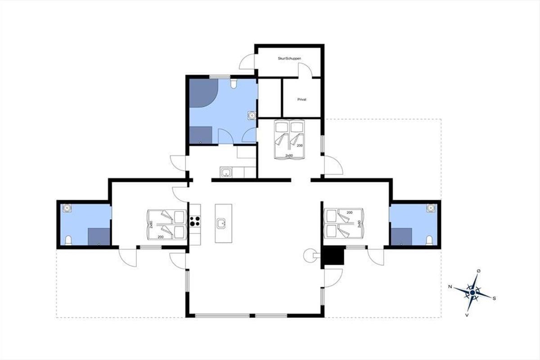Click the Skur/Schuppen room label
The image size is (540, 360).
point(289,58)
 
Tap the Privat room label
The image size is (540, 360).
point(302,99)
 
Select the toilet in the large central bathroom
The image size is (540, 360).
point(234,84)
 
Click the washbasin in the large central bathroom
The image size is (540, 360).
point(252,116)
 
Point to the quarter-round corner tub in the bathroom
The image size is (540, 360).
point(202,92)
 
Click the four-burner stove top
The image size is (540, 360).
point(195,221)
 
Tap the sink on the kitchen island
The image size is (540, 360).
point(221,224)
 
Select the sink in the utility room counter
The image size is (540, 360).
point(226,172)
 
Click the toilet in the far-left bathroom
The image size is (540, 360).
point(68,240)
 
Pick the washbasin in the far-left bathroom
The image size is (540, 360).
point(67,208)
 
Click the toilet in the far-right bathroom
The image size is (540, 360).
point(429,240)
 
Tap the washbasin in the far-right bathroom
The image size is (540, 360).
point(430,208)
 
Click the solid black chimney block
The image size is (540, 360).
point(334,255)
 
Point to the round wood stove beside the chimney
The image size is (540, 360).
point(310,256)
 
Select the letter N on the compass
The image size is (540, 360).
point(450,287)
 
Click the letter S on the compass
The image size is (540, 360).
point(494,298)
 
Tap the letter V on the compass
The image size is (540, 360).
point(467,315)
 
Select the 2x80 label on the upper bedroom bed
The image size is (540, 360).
point(289,156)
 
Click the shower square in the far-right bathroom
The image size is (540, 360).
point(401,237)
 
